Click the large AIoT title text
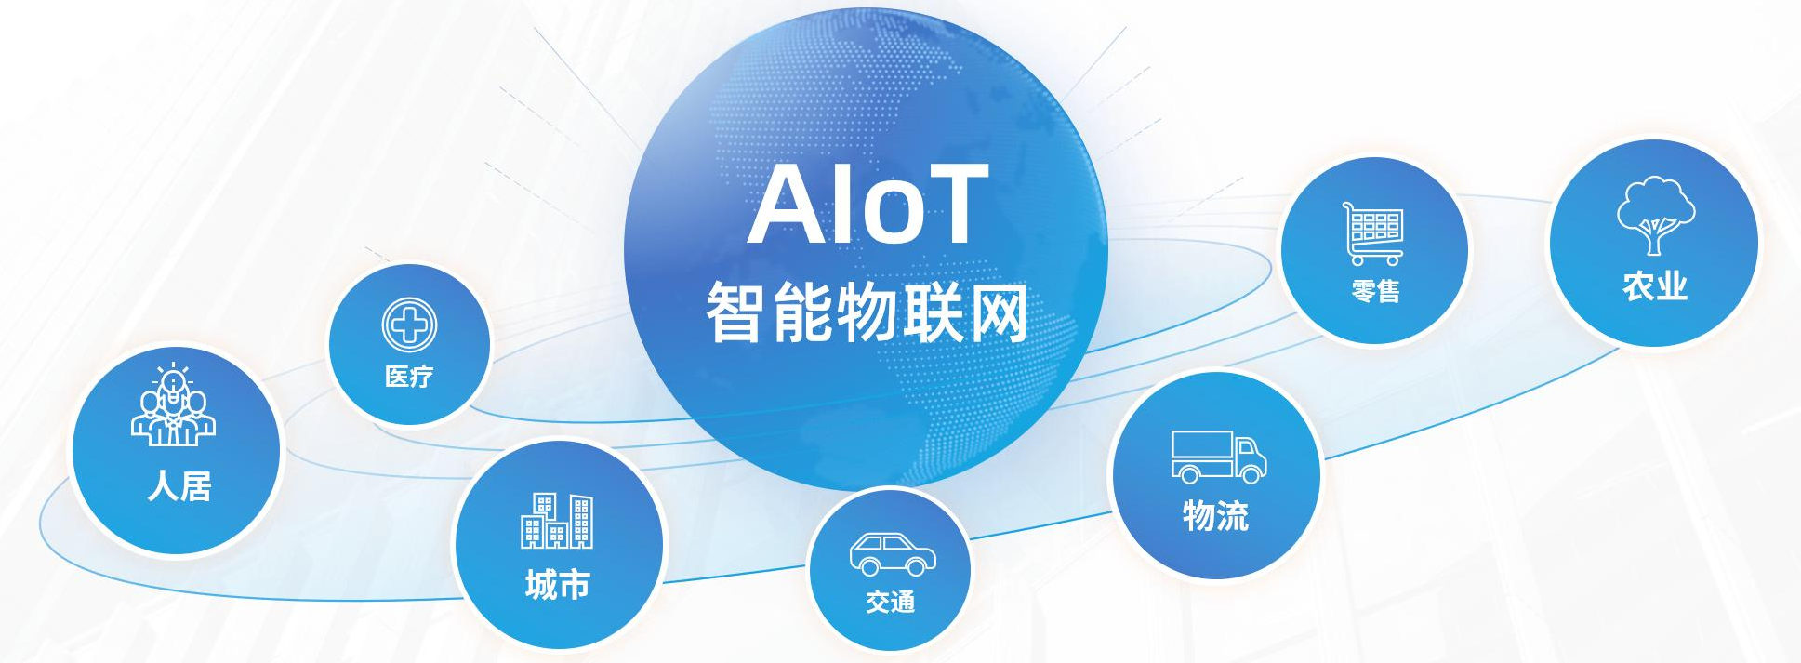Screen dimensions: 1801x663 pos(867,205)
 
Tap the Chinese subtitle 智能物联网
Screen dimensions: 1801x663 pos(867,312)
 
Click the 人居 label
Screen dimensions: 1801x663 pos(179,486)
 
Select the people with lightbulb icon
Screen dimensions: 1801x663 pos(174,404)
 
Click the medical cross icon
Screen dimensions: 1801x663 pos(409,325)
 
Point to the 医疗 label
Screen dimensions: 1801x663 pos(409,377)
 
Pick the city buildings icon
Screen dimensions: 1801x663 pos(557,521)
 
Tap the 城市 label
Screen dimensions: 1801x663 pos(558,585)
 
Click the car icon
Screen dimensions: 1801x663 pos(893,555)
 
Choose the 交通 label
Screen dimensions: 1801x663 pos(891,603)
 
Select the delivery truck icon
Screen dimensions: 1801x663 pos(1219,457)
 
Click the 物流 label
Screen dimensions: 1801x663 pos(1215,515)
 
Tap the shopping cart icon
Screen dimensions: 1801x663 pos(1372,233)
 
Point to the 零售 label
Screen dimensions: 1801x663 pos(1376,291)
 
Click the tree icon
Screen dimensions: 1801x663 pos(1656,216)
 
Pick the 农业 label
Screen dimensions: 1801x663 pos(1655,285)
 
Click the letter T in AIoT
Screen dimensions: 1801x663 pos(950,205)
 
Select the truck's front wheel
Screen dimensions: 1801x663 pos(1251,473)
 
